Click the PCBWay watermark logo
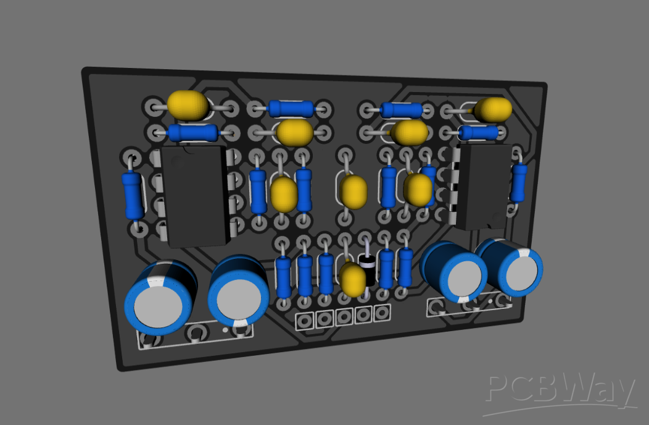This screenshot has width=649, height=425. pos(560,392)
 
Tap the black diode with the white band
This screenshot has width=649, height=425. pos(368,266)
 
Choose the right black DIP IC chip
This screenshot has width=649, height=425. pos(486,185)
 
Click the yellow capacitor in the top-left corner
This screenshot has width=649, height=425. pos(188,105)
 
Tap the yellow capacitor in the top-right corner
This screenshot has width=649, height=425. pos(493,109)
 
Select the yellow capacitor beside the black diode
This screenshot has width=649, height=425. pos(353,279)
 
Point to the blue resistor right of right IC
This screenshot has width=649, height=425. pos(519,182)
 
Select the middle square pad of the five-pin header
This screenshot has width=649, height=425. pos(344,318)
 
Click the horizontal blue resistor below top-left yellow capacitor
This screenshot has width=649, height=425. pos(192,132)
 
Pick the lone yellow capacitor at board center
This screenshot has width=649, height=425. pos(354,191)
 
